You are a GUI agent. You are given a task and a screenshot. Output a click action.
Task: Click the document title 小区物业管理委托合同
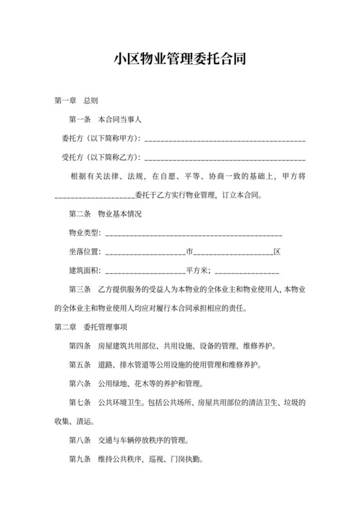pyautogui.click(x=179, y=60)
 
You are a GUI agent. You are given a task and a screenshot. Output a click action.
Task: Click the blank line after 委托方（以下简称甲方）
pyautogui.click(x=226, y=138)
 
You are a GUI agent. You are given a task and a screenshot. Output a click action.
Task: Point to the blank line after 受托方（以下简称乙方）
pyautogui.click(x=226, y=157)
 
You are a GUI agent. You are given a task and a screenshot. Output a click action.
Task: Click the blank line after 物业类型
pyautogui.click(x=193, y=233)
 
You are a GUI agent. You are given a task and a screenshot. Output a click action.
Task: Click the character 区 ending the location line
pyautogui.click(x=277, y=251)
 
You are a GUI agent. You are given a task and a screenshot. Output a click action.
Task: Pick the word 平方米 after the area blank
pyautogui.click(x=196, y=270)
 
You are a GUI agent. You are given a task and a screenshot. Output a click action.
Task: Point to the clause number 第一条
pyautogui.click(x=80, y=120)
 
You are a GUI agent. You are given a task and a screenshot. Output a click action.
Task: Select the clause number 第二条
pyautogui.click(x=80, y=213)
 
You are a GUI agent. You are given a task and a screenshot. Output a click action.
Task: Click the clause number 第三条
pyautogui.click(x=80, y=289)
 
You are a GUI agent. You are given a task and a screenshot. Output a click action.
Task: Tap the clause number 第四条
pyautogui.click(x=80, y=346)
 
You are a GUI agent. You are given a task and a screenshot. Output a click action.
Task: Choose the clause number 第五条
pyautogui.click(x=80, y=364)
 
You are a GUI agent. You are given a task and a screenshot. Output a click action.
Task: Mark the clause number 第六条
pyautogui.click(x=80, y=384)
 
